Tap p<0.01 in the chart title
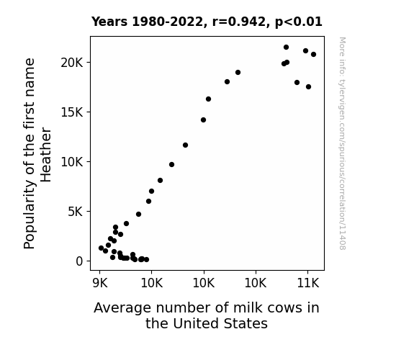point(299,22)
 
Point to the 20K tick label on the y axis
point(72,63)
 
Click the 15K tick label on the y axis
point(72,112)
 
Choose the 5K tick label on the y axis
point(76,212)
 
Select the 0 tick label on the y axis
point(79,261)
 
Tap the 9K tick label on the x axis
point(100,284)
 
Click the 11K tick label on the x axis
point(308,284)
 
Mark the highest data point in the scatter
point(286,48)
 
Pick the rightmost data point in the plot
point(313,55)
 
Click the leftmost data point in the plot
point(101,248)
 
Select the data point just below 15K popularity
point(203,120)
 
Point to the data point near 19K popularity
point(238,73)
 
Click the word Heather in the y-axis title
point(46,155)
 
